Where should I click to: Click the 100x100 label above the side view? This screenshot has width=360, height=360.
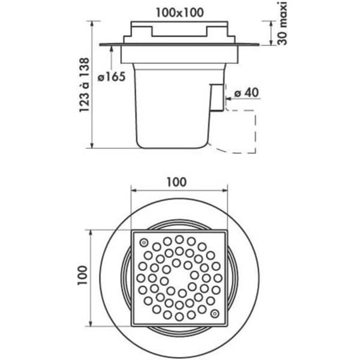180,13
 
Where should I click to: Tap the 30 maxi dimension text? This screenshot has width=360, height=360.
282,23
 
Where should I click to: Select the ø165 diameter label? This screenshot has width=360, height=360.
112,76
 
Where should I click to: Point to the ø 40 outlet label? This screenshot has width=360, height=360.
247,92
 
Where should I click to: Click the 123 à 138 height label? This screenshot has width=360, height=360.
84,85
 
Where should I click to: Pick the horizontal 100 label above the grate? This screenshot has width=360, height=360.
176,182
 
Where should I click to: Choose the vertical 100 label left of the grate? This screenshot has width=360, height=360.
82,275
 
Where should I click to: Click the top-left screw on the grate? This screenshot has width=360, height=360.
144,242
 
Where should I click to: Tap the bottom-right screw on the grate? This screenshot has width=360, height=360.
215,314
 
